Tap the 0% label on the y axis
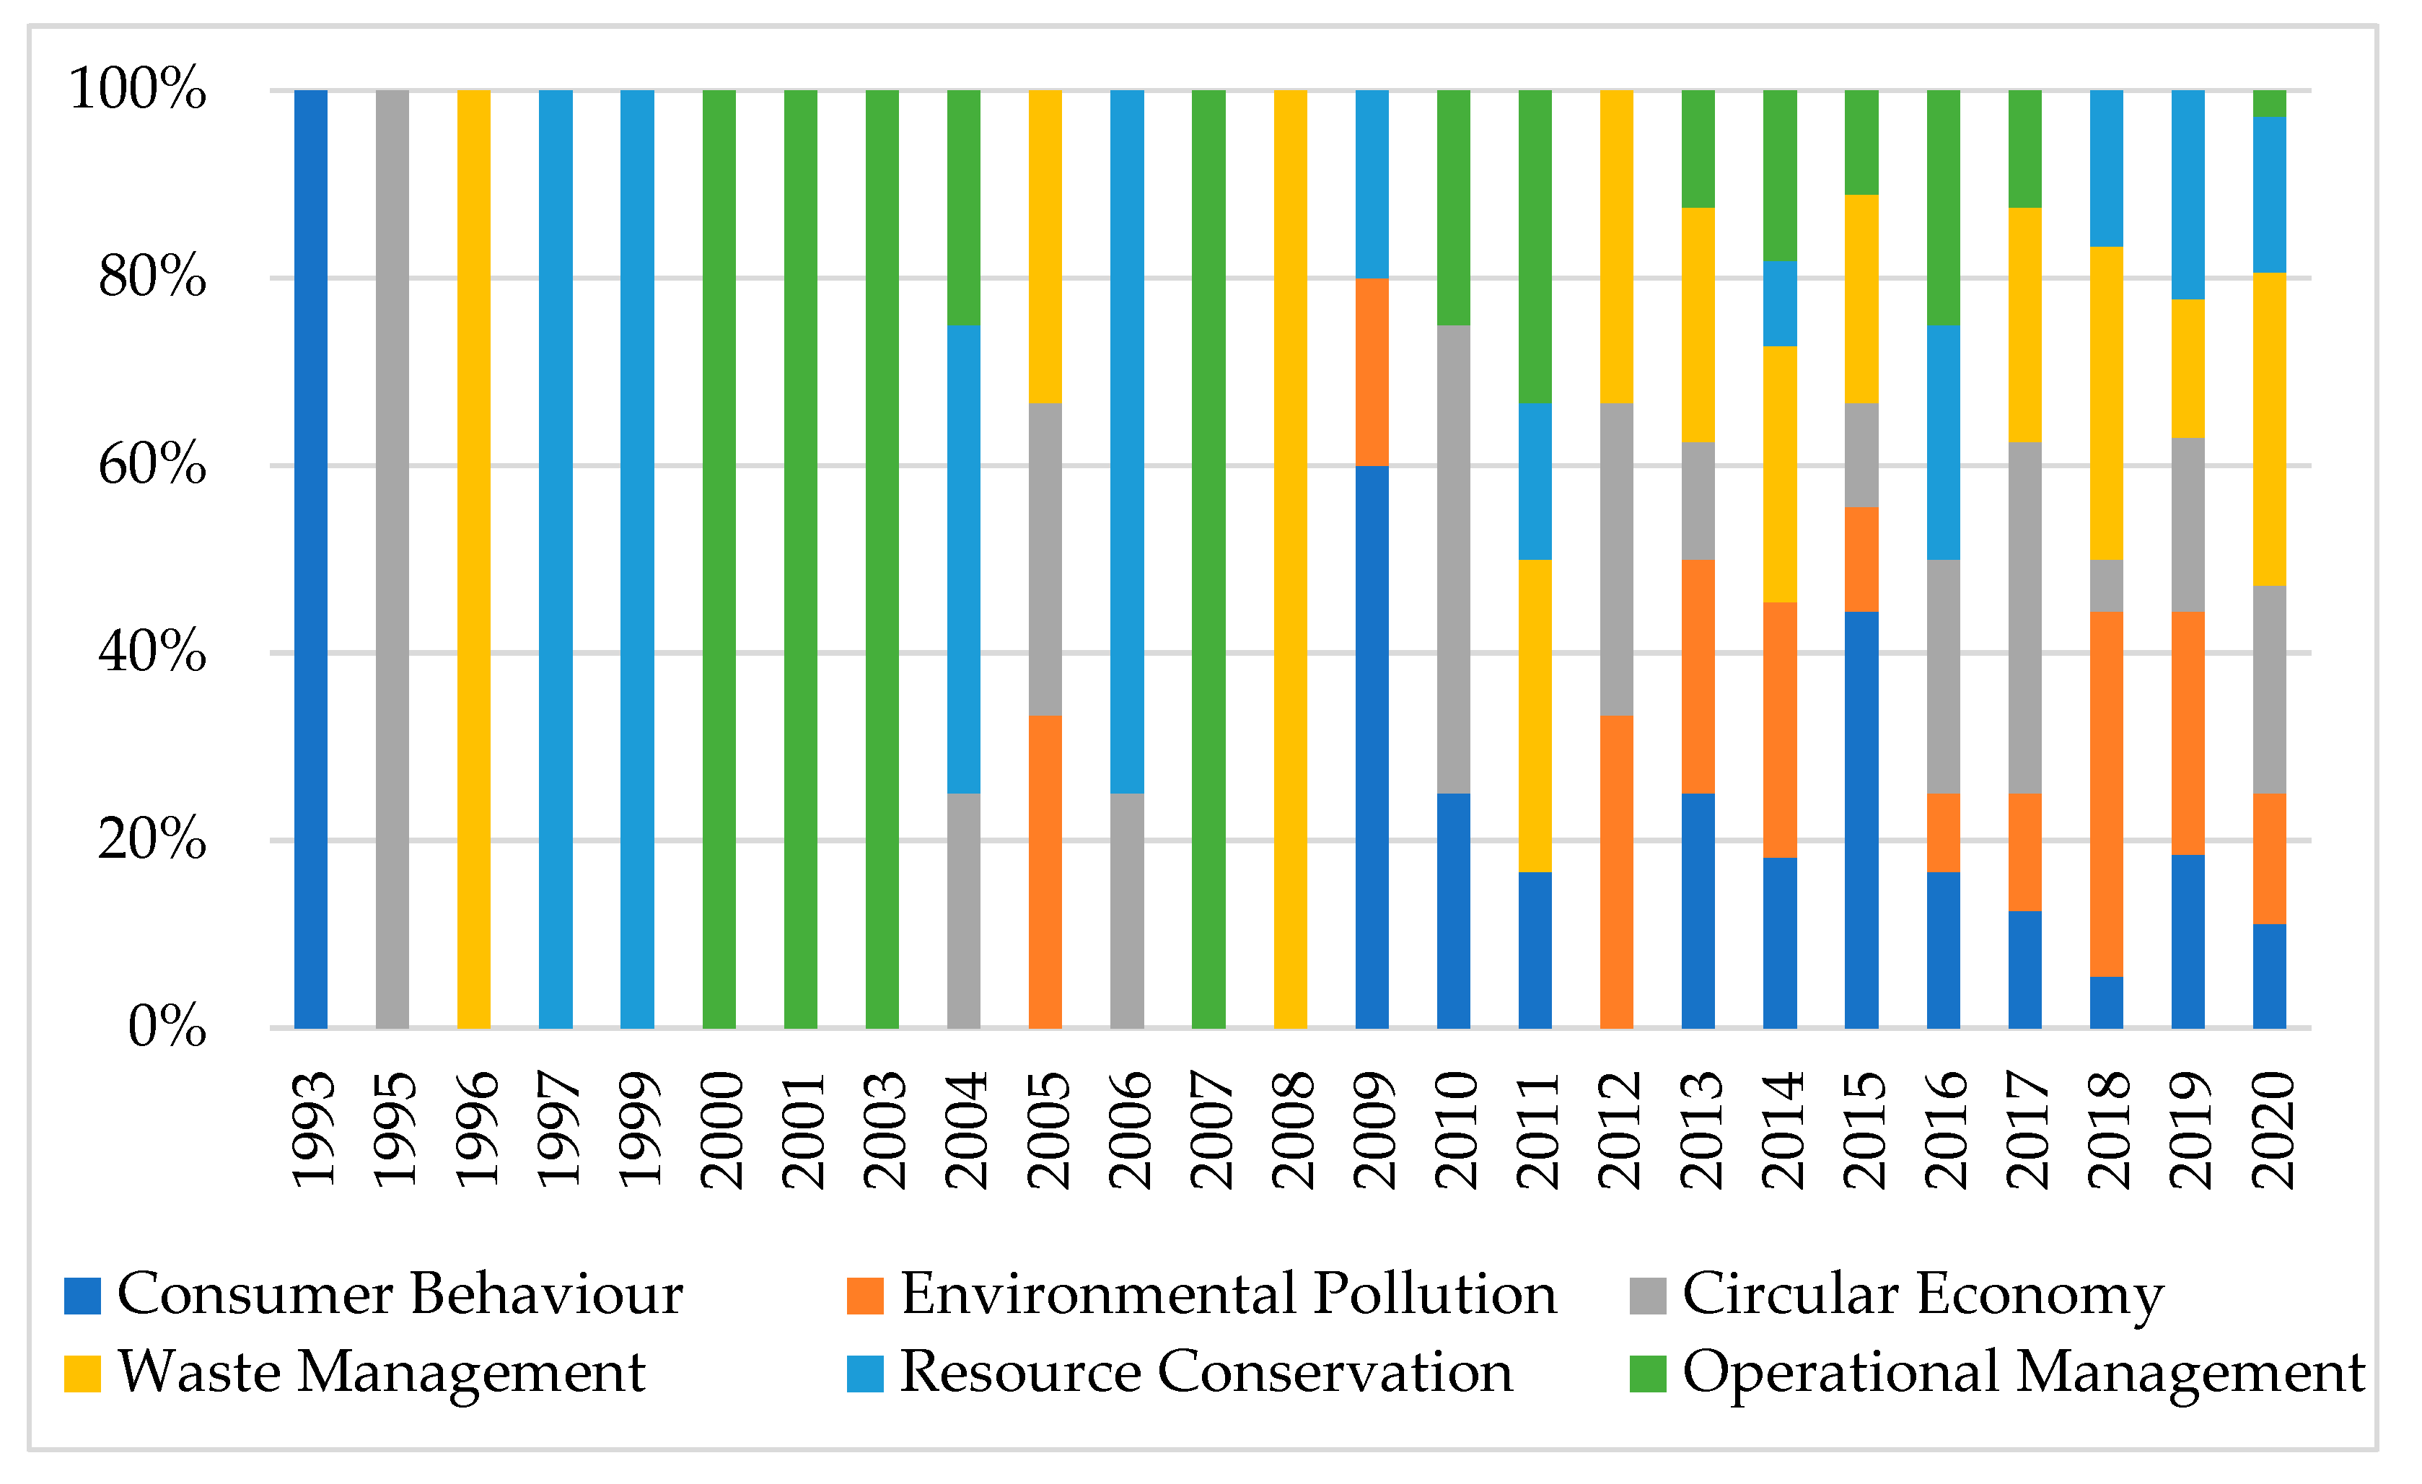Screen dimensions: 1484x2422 coord(167,1027)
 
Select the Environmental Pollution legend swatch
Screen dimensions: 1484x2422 coord(865,1295)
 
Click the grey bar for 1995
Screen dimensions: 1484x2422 coord(392,560)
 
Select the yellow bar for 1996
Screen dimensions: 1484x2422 coord(474,560)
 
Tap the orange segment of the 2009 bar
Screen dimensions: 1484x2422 coord(1372,372)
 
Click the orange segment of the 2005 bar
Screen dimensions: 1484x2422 coord(1045,871)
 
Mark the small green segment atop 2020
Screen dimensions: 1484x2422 coord(2270,103)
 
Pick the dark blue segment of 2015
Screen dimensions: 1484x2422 coord(1861,820)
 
